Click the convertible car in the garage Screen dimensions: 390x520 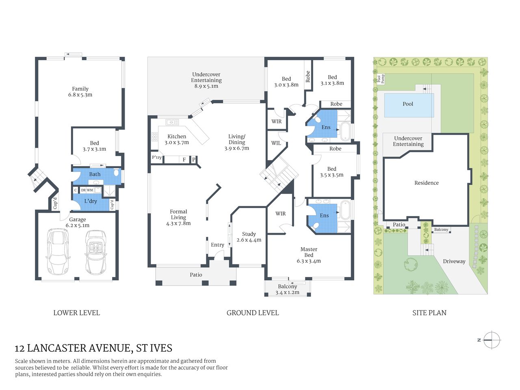(96, 253)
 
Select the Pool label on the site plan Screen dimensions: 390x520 (408, 104)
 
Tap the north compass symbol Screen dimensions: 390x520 (492, 340)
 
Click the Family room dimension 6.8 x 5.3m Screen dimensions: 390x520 (80, 95)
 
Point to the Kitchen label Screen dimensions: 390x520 (177, 136)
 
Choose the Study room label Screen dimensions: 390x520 (249, 234)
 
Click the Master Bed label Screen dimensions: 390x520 (309, 252)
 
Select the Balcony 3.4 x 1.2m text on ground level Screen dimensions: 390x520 (287, 289)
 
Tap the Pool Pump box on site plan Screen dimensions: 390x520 (381, 79)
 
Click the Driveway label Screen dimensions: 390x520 (454, 261)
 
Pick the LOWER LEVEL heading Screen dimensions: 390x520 (76, 313)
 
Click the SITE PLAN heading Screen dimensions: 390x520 (429, 313)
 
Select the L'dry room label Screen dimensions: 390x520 (91, 201)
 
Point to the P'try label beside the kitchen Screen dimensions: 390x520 (157, 158)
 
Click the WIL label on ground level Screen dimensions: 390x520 (276, 143)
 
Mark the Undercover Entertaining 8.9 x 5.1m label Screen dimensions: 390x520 (206, 80)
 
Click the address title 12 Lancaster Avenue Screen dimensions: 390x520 (93, 348)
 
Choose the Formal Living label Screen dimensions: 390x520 (178, 214)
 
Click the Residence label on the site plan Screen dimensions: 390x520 (426, 183)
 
